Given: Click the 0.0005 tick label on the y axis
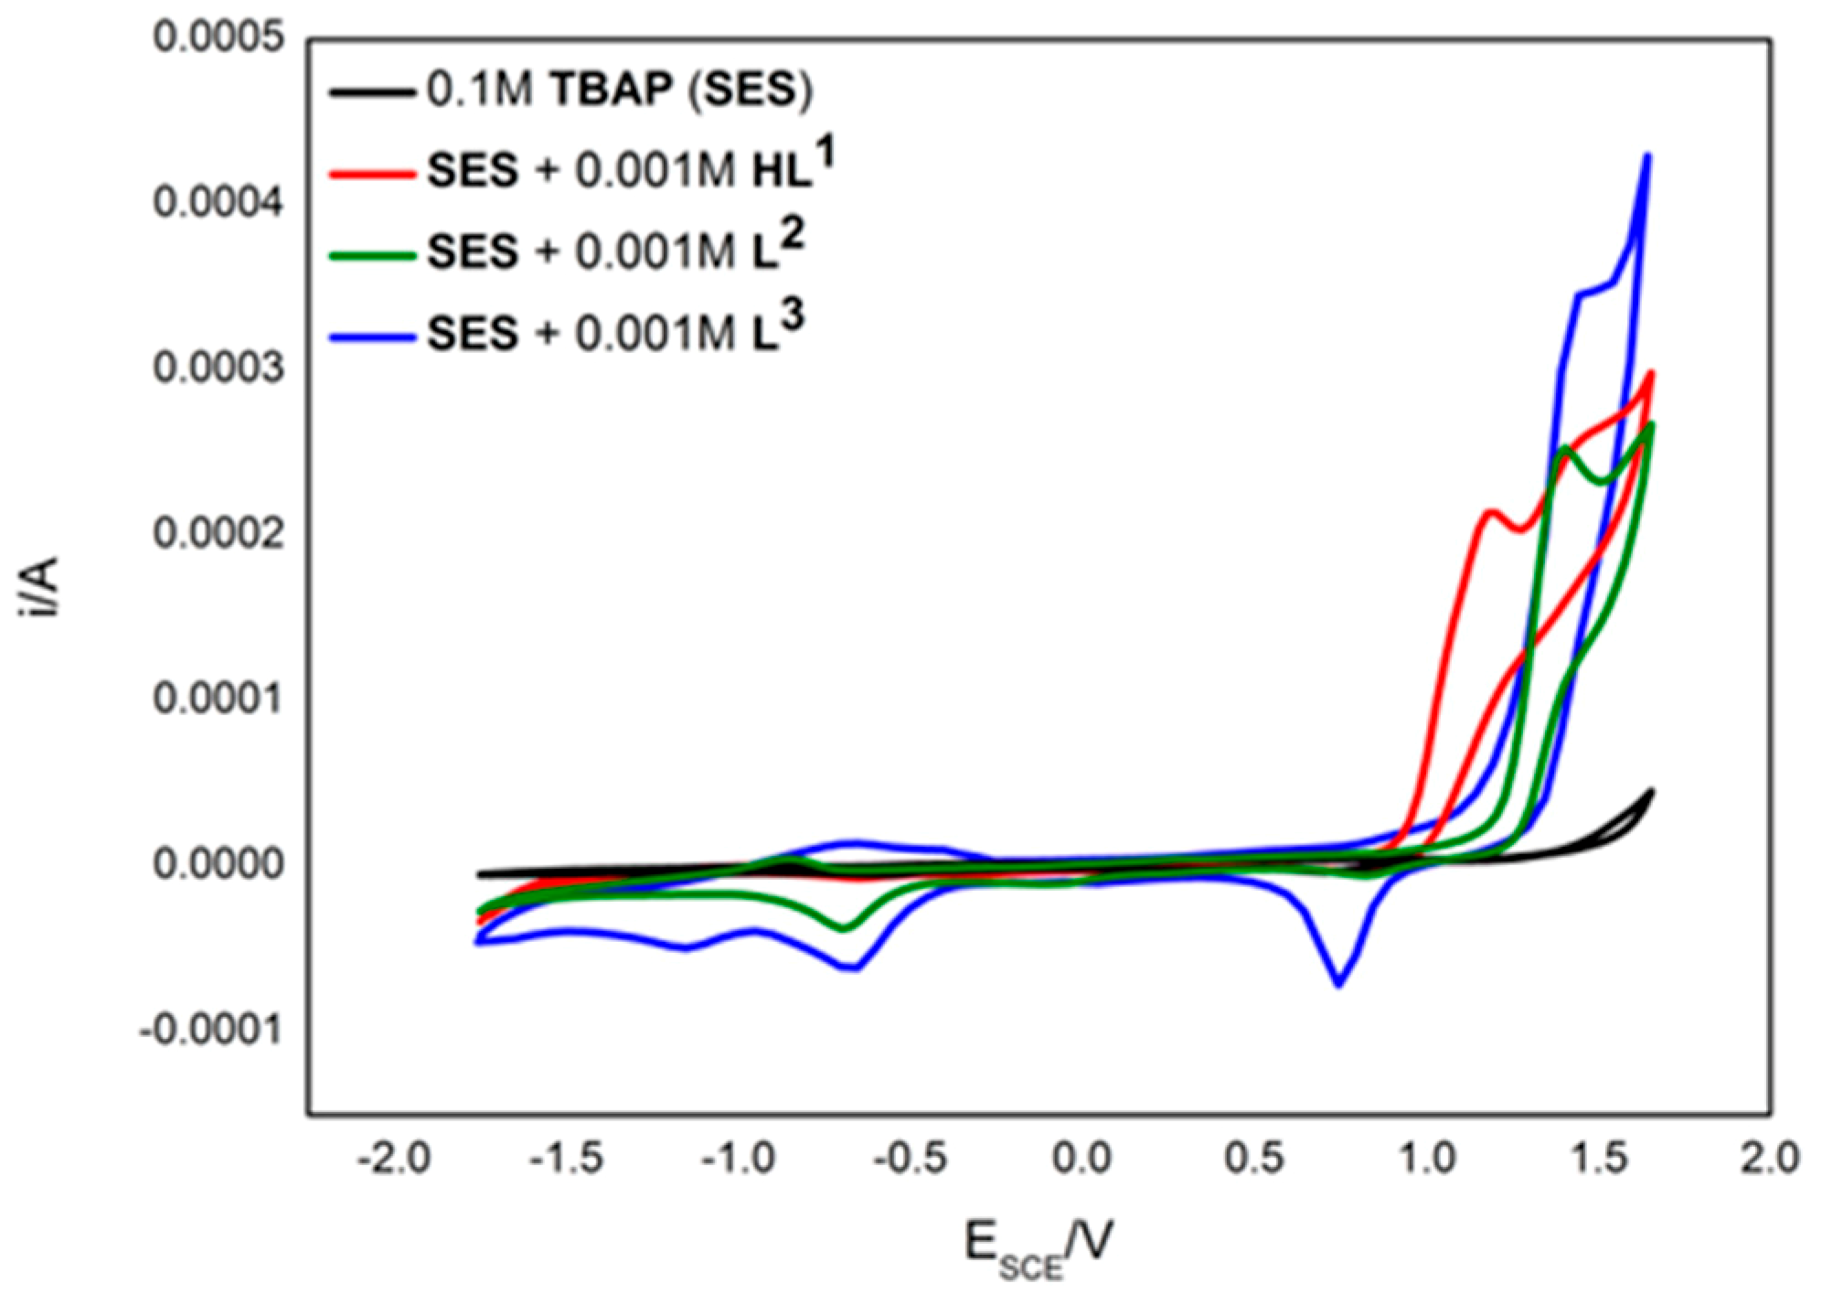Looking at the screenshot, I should pos(219,38).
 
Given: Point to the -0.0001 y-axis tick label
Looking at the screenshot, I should pos(212,1031).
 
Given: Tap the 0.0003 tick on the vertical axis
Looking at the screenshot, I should pos(219,369).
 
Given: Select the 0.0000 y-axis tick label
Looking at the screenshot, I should pos(219,864).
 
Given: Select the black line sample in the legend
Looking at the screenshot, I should pos(369,92).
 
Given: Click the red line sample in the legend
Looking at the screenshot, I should pos(369,173).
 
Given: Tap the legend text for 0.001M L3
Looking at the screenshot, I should pos(616,332).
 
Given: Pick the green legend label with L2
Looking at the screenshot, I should pos(616,251).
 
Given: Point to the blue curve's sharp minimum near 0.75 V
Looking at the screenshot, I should pos(1338,984).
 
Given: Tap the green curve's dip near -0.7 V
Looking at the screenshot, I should pos(845,928).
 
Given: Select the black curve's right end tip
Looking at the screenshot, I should pos(1652,790).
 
